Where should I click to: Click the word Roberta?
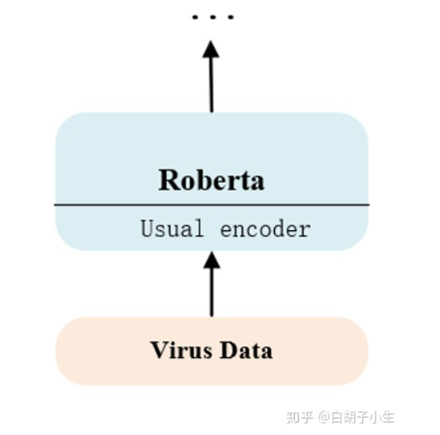pos(211,180)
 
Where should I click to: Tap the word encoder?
pos(265,229)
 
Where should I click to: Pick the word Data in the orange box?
pos(245,350)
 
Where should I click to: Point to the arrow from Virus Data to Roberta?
pos(211,290)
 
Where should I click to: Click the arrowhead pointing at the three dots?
pos(211,49)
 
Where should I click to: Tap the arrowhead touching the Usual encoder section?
pos(211,259)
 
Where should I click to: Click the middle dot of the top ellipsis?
pos(212,17)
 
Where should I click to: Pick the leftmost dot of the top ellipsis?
pos(195,17)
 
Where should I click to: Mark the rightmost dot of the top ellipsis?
pos(230,17)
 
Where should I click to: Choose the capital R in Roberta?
pos(168,180)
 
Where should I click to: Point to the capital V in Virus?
pos(157,350)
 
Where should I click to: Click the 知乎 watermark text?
pos(299,417)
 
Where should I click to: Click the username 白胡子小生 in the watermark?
pos(361,417)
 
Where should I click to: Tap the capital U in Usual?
pos(147,229)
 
